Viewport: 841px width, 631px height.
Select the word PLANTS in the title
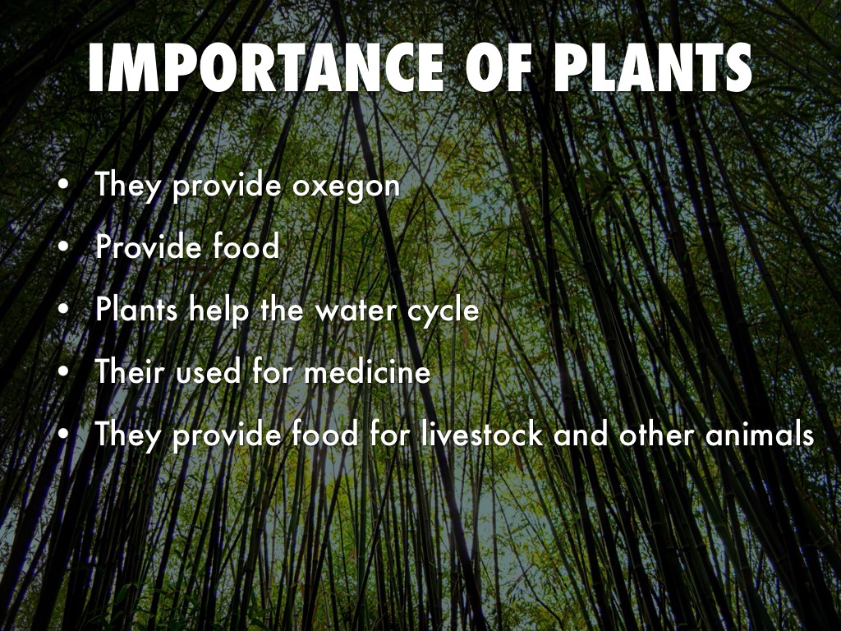pyautogui.click(x=653, y=68)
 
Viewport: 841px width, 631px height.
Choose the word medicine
pyautogui.click(x=367, y=372)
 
